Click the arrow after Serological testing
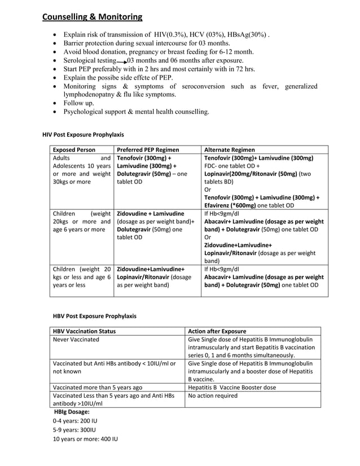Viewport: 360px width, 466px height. tap(121, 61)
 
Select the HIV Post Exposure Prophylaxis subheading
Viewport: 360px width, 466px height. tap(84, 135)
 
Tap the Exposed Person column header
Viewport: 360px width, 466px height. tap(74, 150)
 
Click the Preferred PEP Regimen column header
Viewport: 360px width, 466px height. tap(148, 150)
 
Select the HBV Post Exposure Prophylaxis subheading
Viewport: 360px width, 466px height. tap(94, 316)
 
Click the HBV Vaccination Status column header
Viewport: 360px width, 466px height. tap(84, 331)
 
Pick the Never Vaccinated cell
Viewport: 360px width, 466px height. tap(76, 340)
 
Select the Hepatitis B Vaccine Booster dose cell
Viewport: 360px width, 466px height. tap(232, 388)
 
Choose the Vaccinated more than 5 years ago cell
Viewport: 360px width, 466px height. tap(97, 388)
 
